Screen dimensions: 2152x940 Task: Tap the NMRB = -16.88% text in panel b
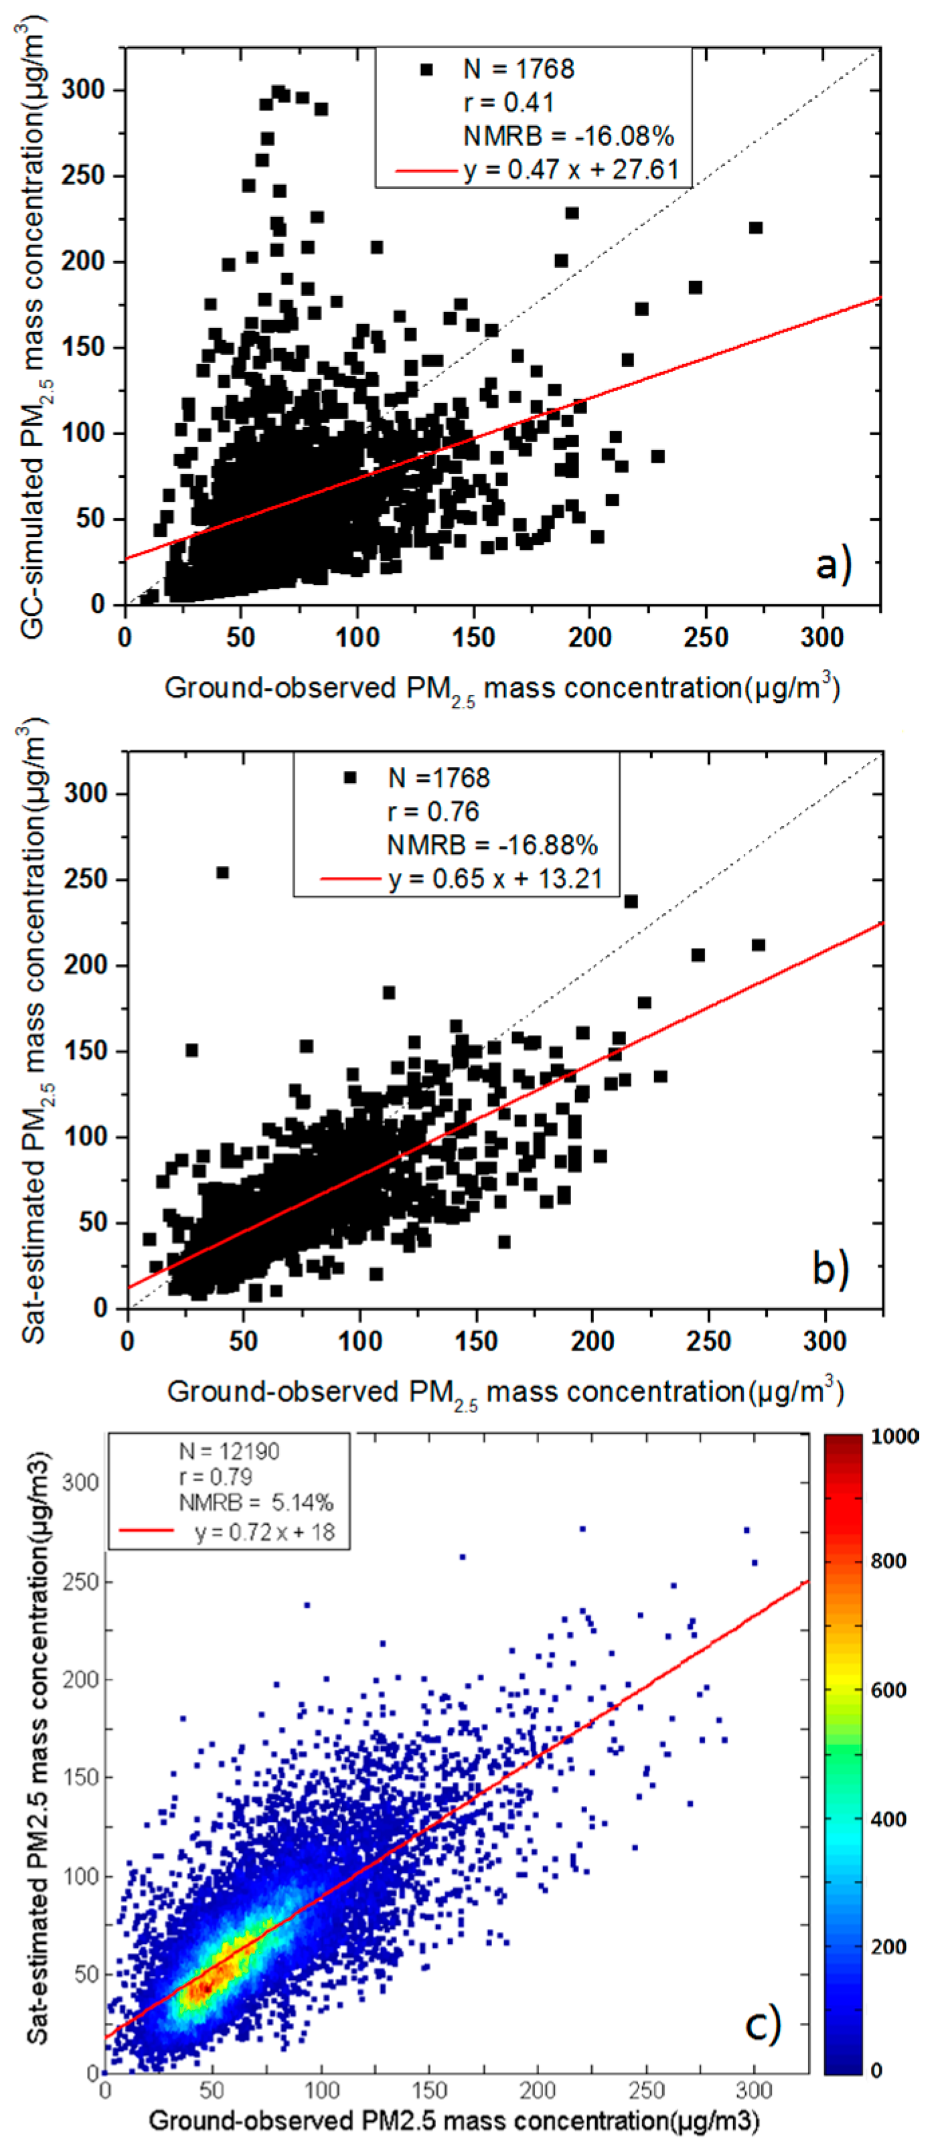pyautogui.click(x=491, y=845)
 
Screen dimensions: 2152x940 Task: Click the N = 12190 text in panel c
pyautogui.click(x=229, y=1451)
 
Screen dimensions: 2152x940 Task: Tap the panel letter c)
pyautogui.click(x=761, y=2025)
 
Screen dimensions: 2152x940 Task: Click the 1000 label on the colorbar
pyautogui.click(x=894, y=1437)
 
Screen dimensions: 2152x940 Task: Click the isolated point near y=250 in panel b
pyautogui.click(x=222, y=872)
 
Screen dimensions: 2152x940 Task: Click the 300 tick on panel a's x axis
pyautogui.click(x=821, y=639)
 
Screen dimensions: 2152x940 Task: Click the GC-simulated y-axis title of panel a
pyautogui.click(x=33, y=326)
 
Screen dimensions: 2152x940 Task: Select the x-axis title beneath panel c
pyautogui.click(x=454, y=2121)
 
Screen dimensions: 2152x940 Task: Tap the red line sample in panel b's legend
pyautogui.click(x=350, y=879)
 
